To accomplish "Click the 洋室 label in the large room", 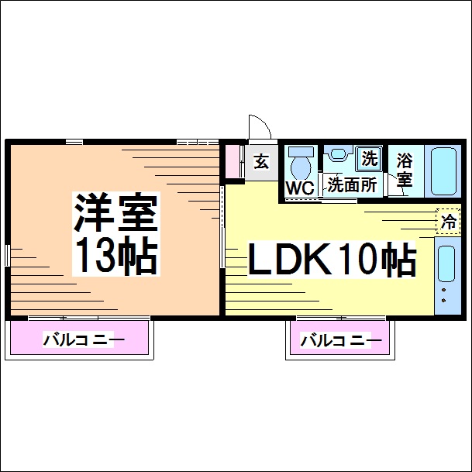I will (116, 212).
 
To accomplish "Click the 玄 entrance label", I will (262, 162).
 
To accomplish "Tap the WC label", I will (299, 188).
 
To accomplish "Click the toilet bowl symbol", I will (299, 164).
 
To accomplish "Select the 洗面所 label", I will (351, 186).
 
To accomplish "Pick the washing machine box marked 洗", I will (369, 159).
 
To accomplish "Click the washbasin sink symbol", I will (336, 153).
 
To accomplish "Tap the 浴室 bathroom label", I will (405, 171).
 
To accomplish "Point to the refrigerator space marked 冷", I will (447, 221).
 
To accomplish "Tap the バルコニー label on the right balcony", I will (340, 339).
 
